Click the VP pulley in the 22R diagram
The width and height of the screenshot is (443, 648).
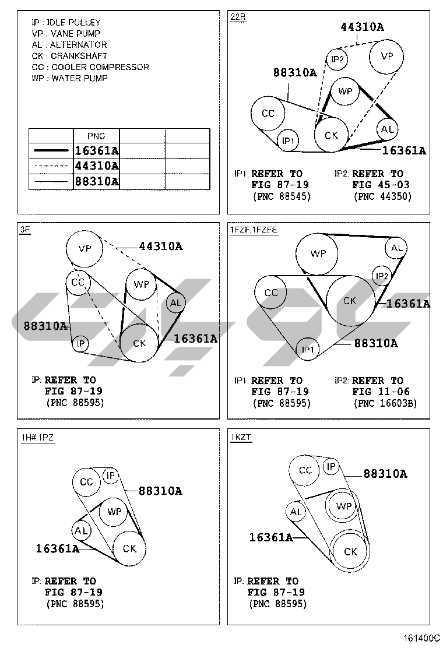[x=386, y=57]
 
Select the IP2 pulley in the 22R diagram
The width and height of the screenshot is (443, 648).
[x=337, y=59]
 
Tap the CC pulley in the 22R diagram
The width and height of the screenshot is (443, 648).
[x=268, y=113]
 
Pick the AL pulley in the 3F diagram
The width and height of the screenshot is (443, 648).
[x=175, y=303]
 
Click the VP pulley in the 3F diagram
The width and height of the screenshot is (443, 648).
[x=85, y=248]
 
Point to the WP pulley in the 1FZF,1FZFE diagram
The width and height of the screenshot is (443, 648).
[x=317, y=253]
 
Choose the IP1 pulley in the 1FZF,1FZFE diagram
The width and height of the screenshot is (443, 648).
[x=308, y=350]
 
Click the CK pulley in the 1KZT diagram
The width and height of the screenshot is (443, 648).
[x=350, y=552]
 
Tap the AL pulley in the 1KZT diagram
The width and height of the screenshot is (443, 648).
[x=296, y=512]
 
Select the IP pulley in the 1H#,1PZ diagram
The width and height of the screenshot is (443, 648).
[x=111, y=476]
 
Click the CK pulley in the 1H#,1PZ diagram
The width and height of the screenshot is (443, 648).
[x=129, y=548]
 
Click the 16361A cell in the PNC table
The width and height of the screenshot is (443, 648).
[x=96, y=150]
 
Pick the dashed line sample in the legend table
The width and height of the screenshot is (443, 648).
[x=51, y=166]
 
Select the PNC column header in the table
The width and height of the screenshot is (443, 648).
[x=96, y=136]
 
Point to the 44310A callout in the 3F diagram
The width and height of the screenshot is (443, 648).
[x=161, y=246]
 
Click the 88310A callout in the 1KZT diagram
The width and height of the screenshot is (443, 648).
[x=385, y=474]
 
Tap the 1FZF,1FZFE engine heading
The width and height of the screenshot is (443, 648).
[x=254, y=230]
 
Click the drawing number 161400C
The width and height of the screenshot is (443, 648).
[x=422, y=639]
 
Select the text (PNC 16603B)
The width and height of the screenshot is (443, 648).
[x=385, y=403]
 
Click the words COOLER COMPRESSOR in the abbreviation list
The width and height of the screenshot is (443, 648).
[x=100, y=67]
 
